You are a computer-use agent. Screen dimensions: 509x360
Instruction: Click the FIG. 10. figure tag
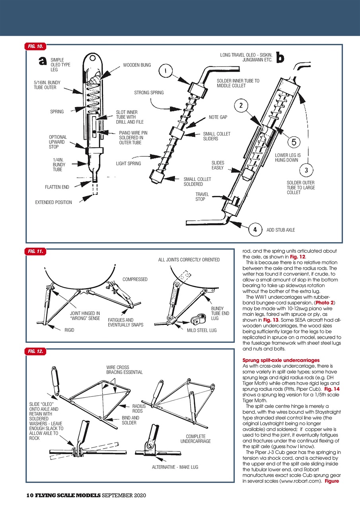(35, 47)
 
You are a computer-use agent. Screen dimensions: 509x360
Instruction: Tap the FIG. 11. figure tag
(35, 251)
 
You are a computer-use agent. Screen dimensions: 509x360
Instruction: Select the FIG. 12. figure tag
(35, 351)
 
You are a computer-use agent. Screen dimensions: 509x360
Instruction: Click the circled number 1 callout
(165, 72)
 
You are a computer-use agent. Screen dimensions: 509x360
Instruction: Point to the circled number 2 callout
(241, 105)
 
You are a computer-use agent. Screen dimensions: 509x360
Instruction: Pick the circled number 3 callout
(306, 170)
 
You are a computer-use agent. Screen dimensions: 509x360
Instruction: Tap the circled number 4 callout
(255, 230)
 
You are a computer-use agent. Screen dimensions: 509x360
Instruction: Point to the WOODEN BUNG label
(137, 65)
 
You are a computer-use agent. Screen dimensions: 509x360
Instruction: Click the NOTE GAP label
(218, 117)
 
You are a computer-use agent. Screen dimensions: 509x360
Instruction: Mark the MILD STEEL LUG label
(202, 330)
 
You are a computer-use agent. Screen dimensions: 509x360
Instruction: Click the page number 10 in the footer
(29, 495)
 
